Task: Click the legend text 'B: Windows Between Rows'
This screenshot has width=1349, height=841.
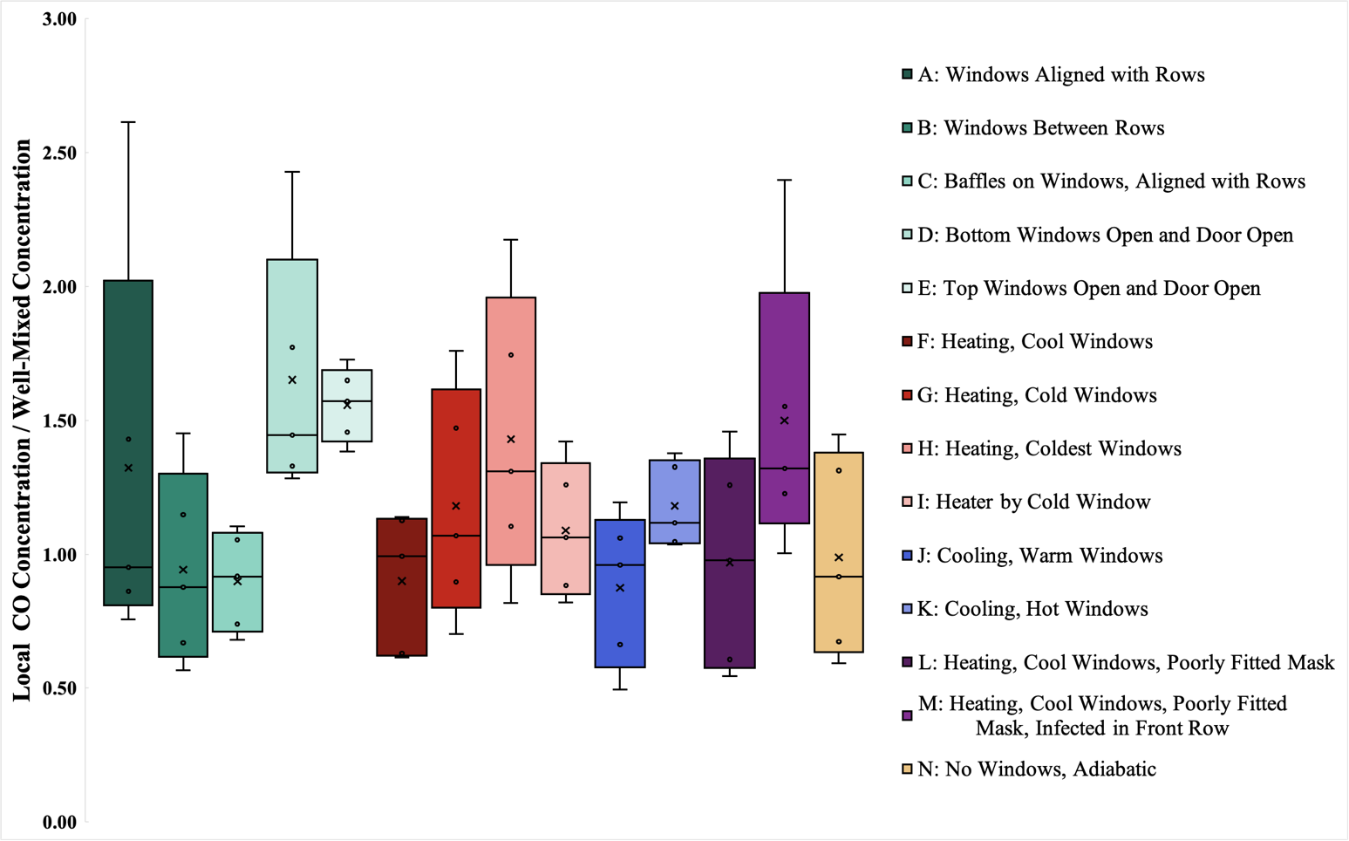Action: [x=1040, y=128]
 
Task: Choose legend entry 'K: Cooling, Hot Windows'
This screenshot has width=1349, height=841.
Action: [x=1032, y=609]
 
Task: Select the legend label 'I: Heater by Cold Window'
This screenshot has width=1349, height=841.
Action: [x=1033, y=502]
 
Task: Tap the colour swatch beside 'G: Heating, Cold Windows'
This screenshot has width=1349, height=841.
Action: [x=907, y=395]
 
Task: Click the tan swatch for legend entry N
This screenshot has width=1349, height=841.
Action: [x=907, y=769]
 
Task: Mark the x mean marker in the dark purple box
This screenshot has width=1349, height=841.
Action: [x=730, y=563]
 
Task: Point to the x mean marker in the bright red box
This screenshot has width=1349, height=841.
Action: [x=456, y=506]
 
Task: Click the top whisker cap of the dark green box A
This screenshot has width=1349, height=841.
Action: [x=128, y=122]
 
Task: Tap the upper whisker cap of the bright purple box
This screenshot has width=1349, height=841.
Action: [x=785, y=180]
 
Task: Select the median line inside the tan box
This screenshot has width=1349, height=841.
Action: [x=839, y=577]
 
